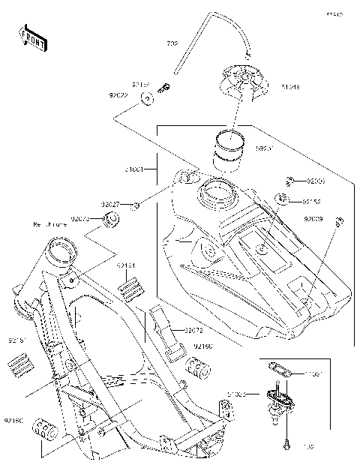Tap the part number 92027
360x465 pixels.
[x=111, y=204]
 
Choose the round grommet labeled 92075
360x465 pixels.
[x=113, y=220]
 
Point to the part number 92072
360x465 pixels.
[x=193, y=330]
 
